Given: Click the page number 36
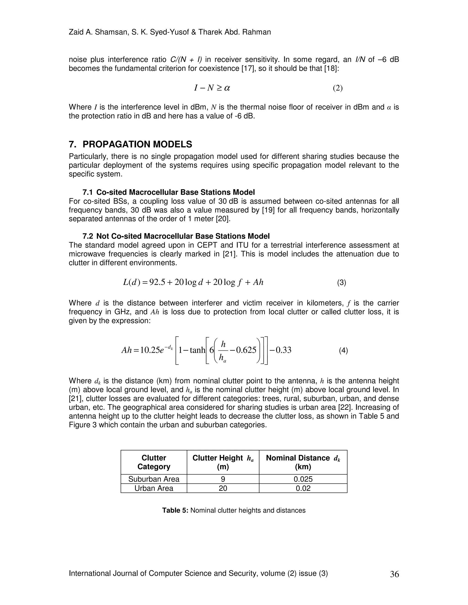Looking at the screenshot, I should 394,574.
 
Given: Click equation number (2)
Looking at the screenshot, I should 338,88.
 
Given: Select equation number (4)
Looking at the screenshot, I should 343,351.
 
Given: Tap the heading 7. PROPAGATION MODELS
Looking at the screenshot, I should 130,144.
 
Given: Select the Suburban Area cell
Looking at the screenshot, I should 154,479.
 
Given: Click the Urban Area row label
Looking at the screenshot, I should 154,488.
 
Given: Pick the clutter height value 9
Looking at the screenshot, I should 223,479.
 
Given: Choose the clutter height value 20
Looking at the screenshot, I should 223,488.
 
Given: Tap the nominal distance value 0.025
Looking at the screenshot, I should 303,479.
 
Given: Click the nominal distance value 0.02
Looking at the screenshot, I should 303,488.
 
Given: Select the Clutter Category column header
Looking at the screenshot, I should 154,462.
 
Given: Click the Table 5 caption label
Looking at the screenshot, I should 175,510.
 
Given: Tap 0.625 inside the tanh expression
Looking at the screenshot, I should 246,350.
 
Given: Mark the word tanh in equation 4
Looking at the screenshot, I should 197,350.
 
